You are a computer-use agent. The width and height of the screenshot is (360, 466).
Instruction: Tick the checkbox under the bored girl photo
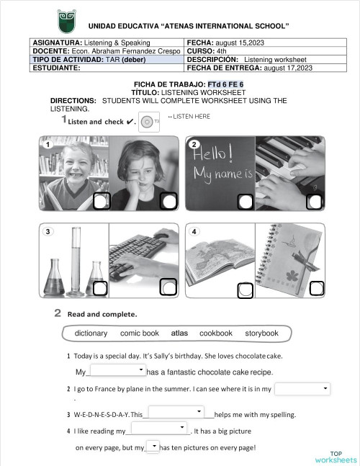[x=168, y=202]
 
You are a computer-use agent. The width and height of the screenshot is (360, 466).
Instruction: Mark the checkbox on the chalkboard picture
[x=243, y=202]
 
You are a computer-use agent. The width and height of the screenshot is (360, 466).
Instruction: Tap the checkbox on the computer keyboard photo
[x=168, y=288]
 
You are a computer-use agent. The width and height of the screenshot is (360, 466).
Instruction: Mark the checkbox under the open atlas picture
[x=245, y=290]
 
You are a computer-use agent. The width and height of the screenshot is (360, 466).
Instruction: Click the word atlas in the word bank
[x=179, y=333]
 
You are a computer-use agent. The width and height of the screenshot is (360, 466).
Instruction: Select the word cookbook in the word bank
[x=216, y=333]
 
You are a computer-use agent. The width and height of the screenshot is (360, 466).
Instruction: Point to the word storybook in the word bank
[x=261, y=333]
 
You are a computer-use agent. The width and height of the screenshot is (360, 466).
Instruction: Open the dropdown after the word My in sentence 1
[x=117, y=370]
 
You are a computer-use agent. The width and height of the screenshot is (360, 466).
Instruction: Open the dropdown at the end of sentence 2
[x=302, y=389]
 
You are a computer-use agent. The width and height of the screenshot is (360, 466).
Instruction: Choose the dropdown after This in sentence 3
[x=176, y=412]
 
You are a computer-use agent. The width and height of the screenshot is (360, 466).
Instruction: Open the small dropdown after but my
[x=153, y=447]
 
